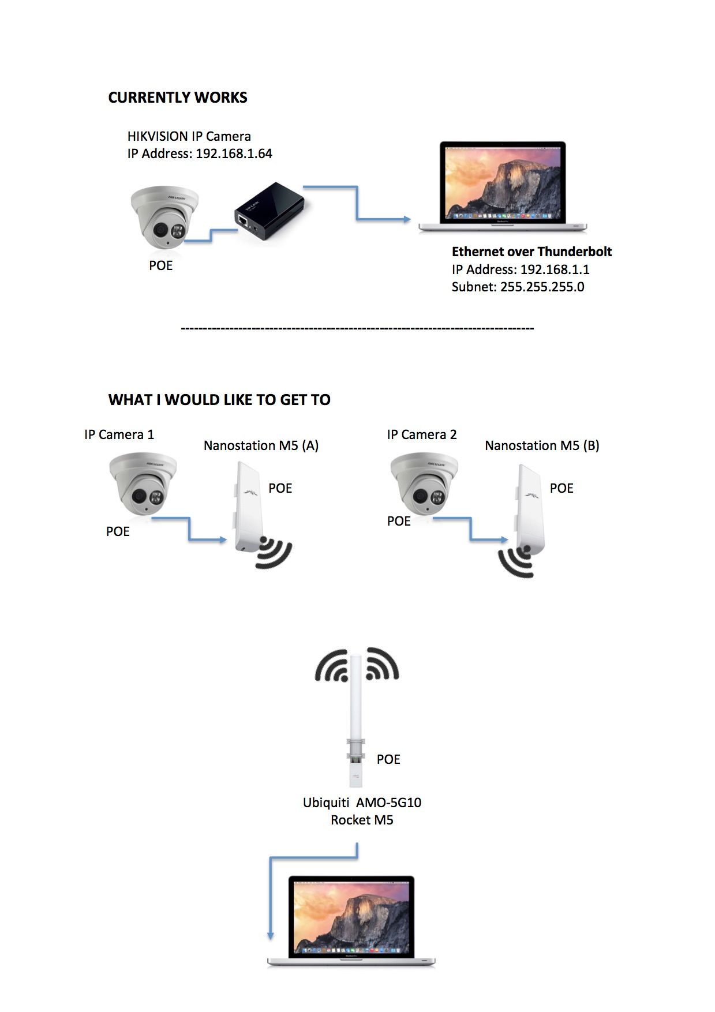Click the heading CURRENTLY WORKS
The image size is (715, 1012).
[x=178, y=98]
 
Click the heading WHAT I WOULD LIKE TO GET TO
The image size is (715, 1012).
[x=219, y=400]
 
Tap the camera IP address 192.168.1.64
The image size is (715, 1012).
[x=234, y=153]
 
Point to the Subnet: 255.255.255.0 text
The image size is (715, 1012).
[x=518, y=287]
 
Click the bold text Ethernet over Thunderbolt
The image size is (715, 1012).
[x=531, y=252]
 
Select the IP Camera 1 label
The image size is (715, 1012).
[x=119, y=434]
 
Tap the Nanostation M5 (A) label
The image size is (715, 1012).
[x=261, y=445]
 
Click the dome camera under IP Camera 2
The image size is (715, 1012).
[x=424, y=484]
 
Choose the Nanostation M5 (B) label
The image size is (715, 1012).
[x=542, y=445]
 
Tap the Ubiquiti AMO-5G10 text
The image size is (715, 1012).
[x=362, y=802]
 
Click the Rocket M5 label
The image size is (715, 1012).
[x=362, y=820]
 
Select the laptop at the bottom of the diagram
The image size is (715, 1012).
[x=351, y=920]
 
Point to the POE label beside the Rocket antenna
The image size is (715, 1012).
[x=388, y=759]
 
